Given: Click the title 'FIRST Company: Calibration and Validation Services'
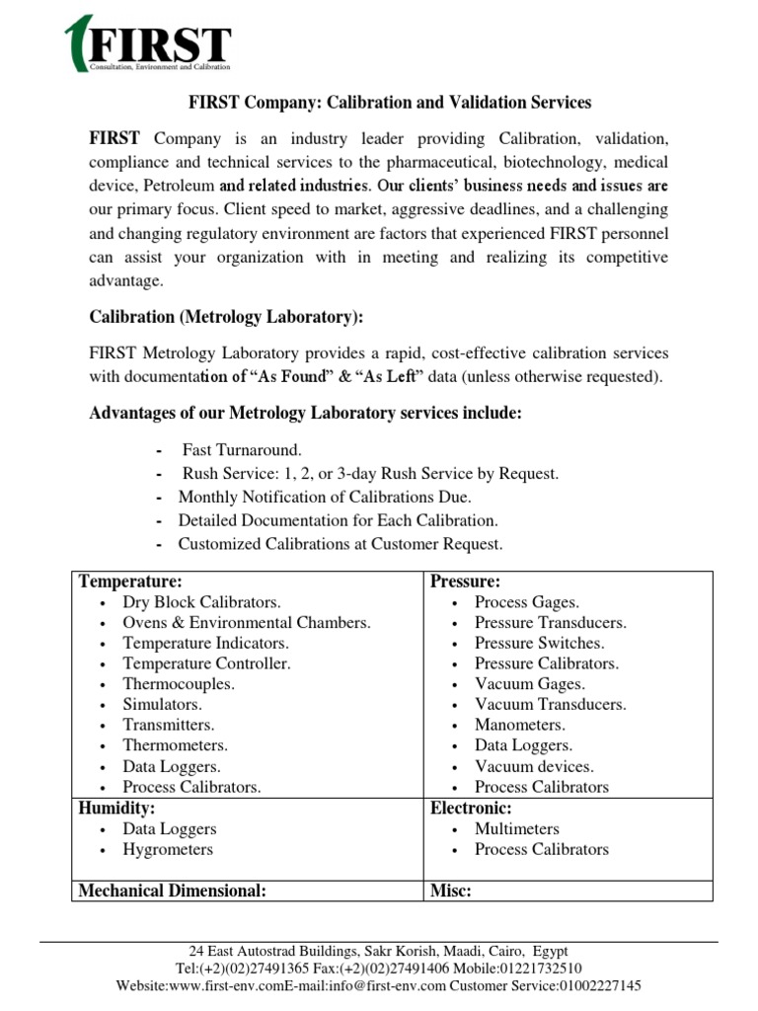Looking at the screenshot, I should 390,102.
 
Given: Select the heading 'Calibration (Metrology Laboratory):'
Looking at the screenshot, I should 226,316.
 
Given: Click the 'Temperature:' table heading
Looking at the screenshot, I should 130,582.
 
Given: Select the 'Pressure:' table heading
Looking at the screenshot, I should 465,582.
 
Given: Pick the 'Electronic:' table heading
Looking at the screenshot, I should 470,809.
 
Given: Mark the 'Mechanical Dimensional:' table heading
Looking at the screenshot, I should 173,891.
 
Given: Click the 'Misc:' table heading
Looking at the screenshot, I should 451,891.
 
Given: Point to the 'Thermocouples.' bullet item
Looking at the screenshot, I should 178,684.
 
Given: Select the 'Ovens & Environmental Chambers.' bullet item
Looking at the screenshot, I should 247,623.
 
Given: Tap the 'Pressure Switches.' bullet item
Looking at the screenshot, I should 539,643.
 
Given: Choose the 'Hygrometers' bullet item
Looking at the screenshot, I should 168,849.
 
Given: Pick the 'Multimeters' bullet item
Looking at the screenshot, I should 516,828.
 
